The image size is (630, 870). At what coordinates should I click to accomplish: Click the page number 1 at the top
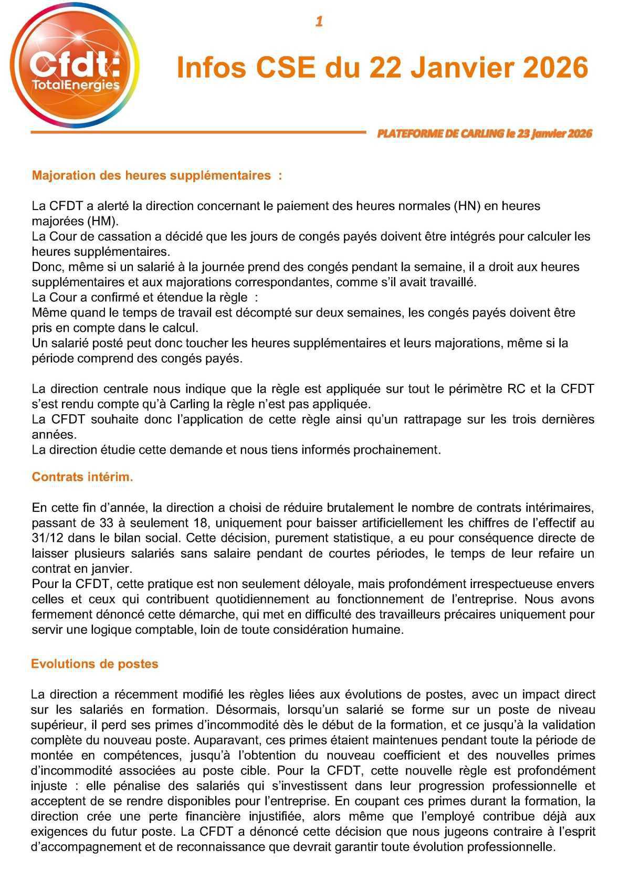point(319,22)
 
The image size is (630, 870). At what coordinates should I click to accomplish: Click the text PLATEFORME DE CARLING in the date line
point(440,133)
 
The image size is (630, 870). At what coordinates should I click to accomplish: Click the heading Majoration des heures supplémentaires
point(156,175)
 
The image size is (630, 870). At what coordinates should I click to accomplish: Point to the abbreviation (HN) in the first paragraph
point(467,206)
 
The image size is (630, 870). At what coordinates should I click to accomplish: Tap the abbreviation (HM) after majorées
point(102,221)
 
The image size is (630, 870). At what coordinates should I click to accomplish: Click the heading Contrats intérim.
point(82,477)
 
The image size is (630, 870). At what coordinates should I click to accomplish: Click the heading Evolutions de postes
point(94,664)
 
